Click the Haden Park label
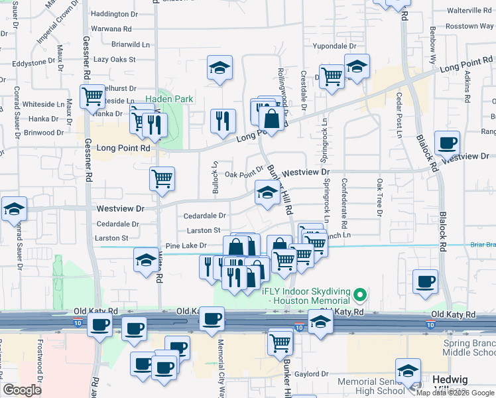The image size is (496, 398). (169, 99)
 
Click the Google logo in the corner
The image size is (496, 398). (22, 390)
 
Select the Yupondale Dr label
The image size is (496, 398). (334, 46)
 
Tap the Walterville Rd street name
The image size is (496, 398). (469, 11)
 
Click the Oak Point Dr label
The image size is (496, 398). (244, 174)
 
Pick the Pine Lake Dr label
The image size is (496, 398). (186, 245)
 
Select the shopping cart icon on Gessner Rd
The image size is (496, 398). (93, 97)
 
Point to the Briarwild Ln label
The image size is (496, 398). (131, 44)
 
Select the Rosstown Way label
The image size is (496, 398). (470, 27)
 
